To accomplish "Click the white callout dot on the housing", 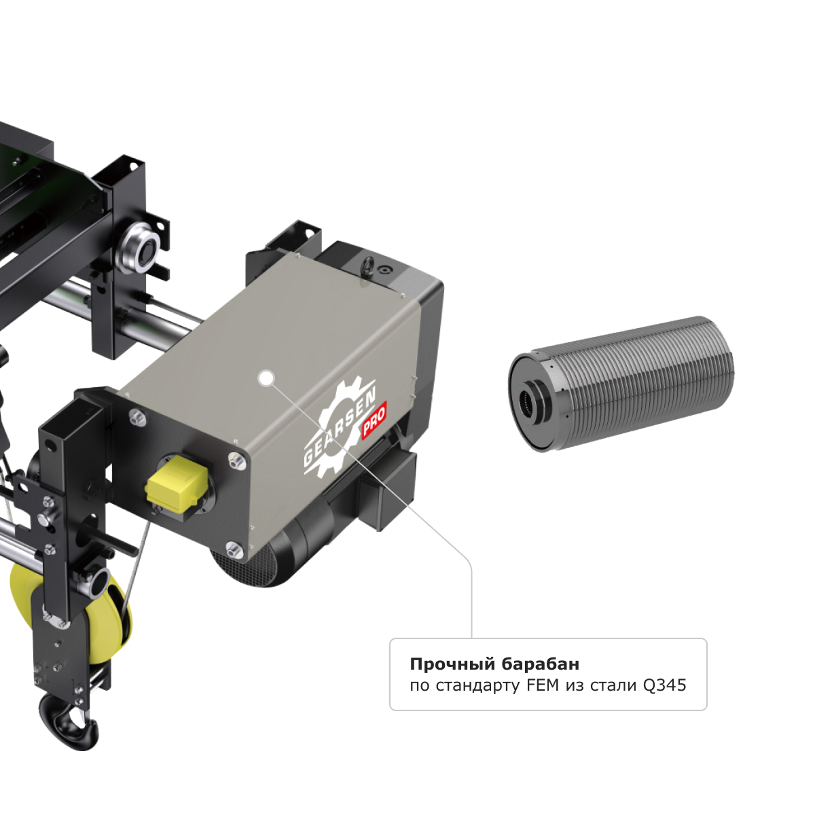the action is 266,378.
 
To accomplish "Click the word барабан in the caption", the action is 541,664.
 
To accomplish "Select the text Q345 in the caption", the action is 664,685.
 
